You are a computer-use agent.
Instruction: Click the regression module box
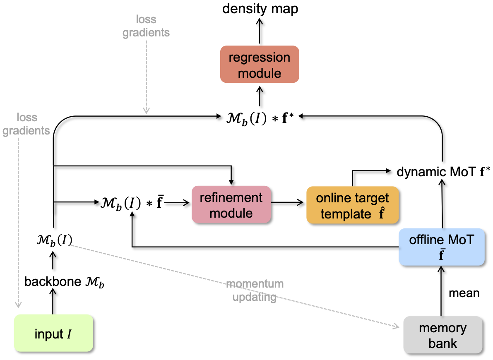click(260, 64)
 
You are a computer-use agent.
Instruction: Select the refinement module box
click(231, 205)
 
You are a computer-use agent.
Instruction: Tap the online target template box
click(353, 205)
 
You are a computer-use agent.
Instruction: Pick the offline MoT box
click(441, 247)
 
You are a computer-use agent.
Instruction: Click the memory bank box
click(442, 335)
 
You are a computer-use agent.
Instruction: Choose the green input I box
click(53, 333)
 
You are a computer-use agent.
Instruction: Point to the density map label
click(260, 9)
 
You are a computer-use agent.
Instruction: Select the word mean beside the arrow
click(464, 293)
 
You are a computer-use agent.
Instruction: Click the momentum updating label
click(255, 290)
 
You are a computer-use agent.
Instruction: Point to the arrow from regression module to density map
click(260, 32)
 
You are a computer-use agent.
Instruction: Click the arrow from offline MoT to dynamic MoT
click(442, 205)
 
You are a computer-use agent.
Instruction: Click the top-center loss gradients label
click(146, 26)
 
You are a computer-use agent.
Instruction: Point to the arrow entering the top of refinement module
click(231, 176)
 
